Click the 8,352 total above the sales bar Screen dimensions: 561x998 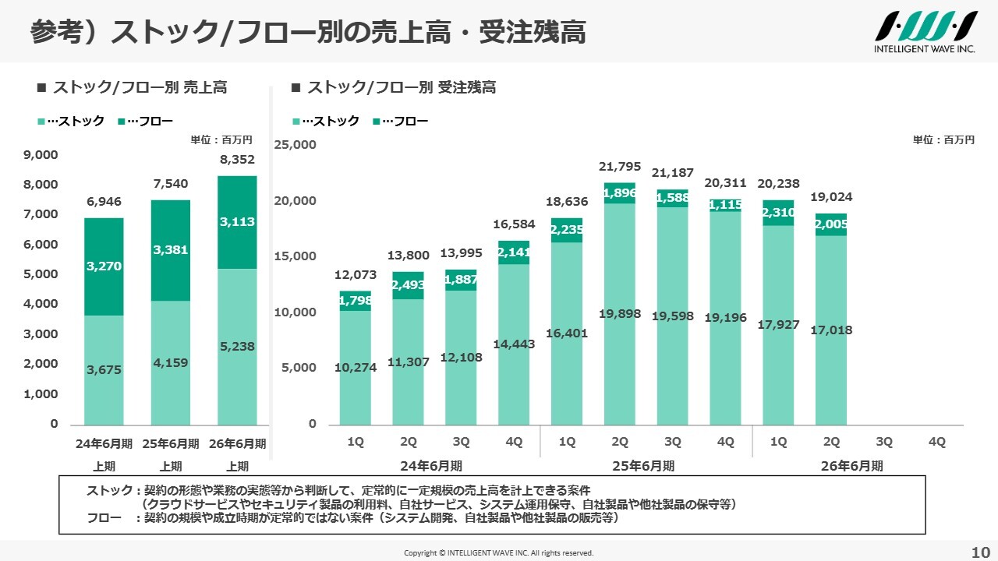click(238, 160)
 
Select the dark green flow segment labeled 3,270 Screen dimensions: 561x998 click(104, 266)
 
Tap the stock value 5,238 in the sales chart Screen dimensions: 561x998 click(238, 346)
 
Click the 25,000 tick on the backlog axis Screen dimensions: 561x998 click(295, 144)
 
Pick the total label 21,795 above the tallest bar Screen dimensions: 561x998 click(620, 166)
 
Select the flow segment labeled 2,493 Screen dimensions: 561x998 click(409, 285)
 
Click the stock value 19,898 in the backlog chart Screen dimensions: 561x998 click(620, 313)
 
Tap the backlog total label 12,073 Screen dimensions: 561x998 click(356, 274)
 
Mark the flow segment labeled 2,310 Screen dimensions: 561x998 click(778, 212)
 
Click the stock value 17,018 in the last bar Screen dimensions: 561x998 click(831, 330)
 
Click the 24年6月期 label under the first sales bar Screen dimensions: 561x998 click(104, 443)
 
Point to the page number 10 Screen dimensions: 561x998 click(980, 552)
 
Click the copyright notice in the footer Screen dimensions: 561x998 click(498, 552)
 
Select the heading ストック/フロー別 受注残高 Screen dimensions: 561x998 click(402, 87)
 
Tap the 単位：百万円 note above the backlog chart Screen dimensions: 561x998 click(943, 140)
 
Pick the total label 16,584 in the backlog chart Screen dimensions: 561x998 click(515, 224)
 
